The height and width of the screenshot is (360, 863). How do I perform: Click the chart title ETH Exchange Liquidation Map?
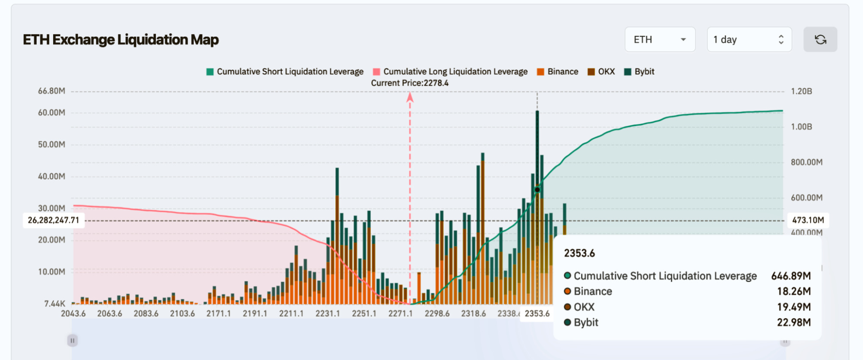coord(121,40)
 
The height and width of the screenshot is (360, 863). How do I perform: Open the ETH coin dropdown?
coord(659,40)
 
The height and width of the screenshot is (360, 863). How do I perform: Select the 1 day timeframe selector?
coord(749,40)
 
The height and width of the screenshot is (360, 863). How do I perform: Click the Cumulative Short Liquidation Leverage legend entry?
coord(285,72)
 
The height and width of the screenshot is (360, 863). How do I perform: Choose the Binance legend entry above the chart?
coord(558,72)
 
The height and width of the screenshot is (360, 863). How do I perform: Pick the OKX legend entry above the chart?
coord(601,72)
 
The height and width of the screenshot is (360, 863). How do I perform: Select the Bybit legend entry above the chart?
coord(639,72)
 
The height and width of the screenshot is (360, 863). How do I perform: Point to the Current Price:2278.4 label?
coord(410,83)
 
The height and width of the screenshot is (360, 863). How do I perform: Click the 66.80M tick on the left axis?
coord(51,91)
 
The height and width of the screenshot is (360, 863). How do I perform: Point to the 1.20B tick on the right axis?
coord(801,92)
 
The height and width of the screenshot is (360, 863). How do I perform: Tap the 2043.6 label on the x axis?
coord(73,313)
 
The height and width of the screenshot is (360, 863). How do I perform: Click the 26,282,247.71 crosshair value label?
coord(54,220)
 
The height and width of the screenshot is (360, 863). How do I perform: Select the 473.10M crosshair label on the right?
coord(808,220)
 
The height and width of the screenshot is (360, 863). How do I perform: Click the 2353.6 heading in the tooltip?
coord(579,253)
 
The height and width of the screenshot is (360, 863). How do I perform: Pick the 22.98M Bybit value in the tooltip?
coord(793,322)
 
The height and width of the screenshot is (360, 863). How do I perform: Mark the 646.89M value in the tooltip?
coord(791,276)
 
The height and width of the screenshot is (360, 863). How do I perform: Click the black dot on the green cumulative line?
coord(537,189)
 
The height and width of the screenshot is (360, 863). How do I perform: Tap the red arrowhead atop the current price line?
coord(410,98)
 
